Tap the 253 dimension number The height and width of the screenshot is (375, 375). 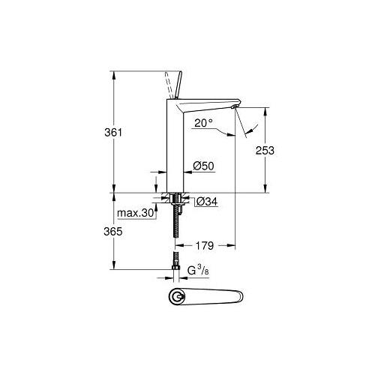[264, 150]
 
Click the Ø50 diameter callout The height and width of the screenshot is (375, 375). [204, 165]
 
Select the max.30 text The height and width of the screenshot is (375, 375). [136, 214]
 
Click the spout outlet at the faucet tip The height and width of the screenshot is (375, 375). [235, 109]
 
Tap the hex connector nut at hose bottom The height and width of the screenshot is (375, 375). [177, 267]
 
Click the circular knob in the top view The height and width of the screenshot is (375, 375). [178, 297]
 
